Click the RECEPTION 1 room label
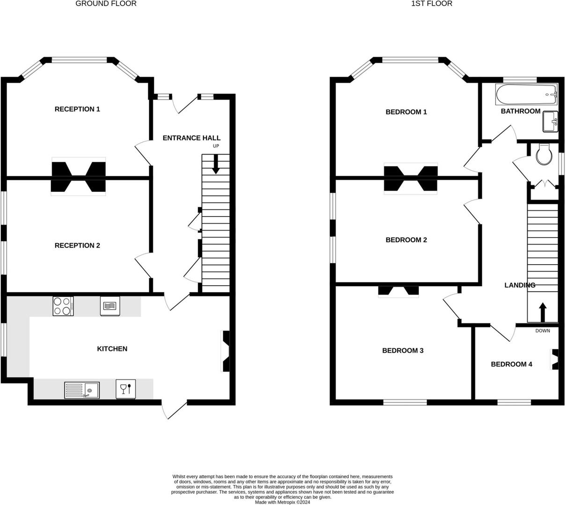point(77,109)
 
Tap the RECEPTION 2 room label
point(77,245)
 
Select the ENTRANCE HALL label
point(191,138)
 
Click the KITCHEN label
point(112,349)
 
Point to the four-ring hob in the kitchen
point(63,306)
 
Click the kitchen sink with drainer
point(82,390)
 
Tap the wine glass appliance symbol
point(125,389)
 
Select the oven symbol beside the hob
point(110,306)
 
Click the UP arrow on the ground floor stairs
point(216,165)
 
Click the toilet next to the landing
point(544,155)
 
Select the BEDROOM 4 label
point(511,364)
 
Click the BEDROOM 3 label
point(403,351)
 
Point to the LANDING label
point(520,285)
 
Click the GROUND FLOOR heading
point(106,4)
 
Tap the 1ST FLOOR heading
point(432,4)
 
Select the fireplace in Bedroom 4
point(555,359)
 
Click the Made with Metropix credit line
point(282,502)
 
